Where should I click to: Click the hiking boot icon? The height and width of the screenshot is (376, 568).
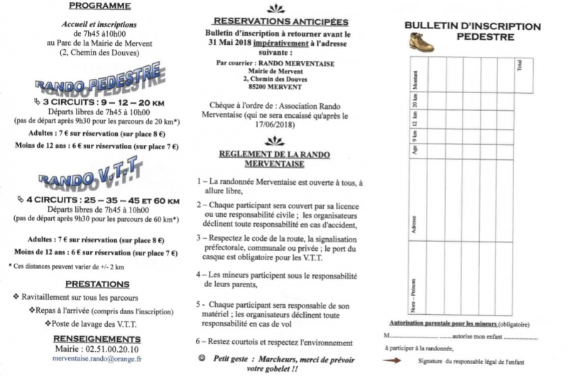421,42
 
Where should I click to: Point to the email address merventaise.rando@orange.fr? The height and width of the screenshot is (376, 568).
97,359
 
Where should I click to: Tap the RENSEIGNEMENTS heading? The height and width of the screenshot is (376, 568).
97,338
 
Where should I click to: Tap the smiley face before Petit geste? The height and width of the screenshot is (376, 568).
202,359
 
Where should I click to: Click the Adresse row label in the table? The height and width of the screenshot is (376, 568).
415,225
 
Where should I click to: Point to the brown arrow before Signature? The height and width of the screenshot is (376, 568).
393,360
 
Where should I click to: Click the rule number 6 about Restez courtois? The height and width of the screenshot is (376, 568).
201,342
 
